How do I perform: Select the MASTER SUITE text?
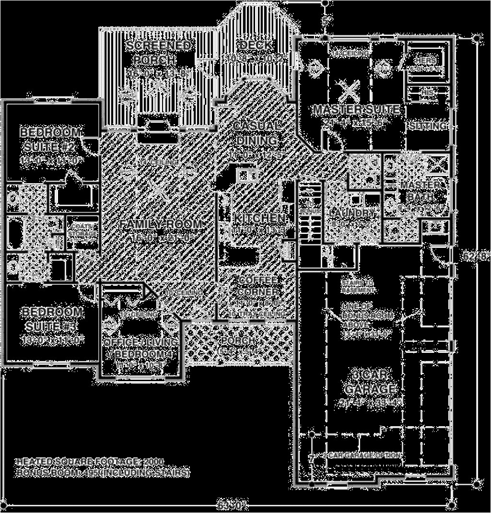coord(356,110)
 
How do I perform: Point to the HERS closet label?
coord(426,60)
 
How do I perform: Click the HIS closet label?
coord(427,90)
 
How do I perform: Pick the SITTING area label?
coord(428,126)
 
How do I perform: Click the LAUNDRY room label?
coord(351,212)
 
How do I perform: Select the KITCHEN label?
coord(259,218)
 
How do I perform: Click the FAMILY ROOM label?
coord(161,224)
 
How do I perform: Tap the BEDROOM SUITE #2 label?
coord(51,138)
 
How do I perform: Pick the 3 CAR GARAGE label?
coord(369,381)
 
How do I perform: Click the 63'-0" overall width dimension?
coord(232,504)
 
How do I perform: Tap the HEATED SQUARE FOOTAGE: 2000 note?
coord(90,461)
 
